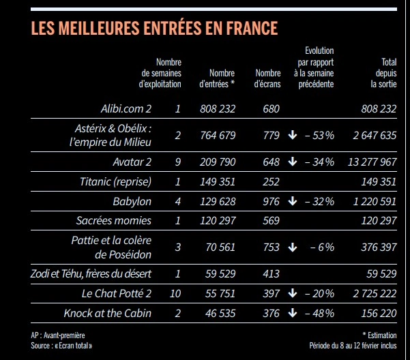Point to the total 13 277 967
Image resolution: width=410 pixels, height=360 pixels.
(x=371, y=162)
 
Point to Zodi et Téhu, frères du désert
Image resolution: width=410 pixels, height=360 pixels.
(x=91, y=273)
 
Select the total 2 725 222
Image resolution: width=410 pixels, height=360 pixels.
(x=374, y=293)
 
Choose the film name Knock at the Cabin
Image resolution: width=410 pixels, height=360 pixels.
(x=107, y=313)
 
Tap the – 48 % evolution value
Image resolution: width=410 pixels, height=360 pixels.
(x=320, y=313)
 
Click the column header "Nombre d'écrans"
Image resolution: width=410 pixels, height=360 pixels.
(x=268, y=79)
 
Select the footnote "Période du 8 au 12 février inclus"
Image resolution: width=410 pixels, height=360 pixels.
(x=352, y=346)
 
